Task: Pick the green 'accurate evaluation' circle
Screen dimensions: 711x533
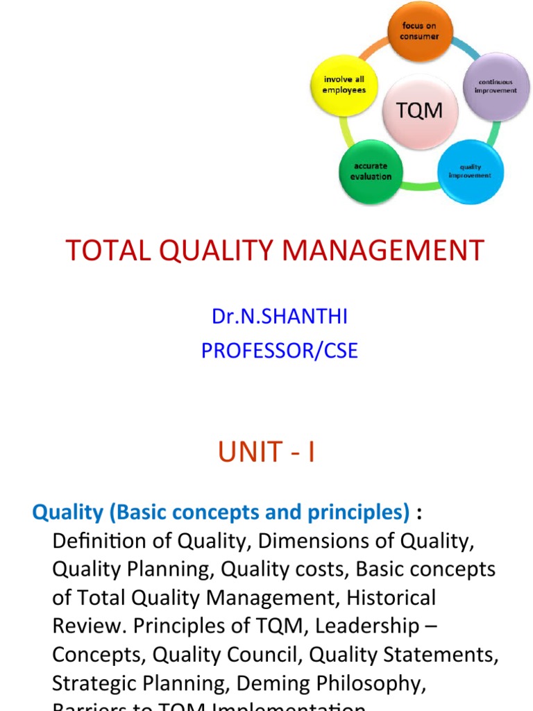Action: click(371, 172)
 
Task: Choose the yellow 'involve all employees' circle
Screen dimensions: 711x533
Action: click(344, 85)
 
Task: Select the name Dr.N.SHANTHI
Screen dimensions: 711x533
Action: click(280, 317)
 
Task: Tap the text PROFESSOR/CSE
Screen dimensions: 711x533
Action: click(280, 351)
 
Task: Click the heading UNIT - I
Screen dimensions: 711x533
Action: click(266, 453)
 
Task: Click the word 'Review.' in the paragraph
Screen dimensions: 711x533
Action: click(90, 626)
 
